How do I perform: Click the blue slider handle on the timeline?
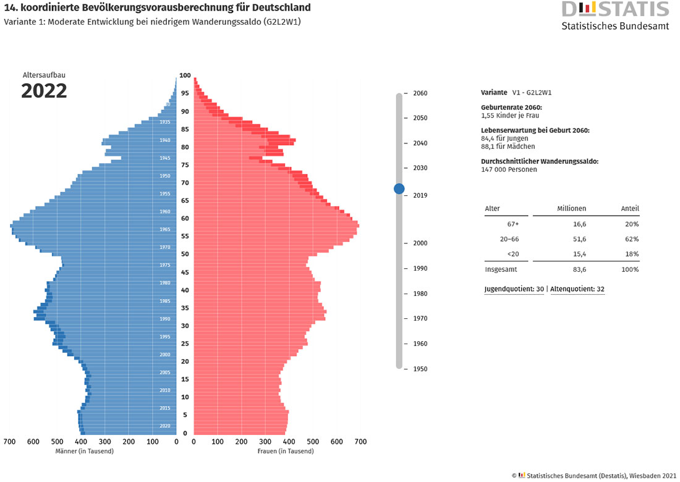coord(399,188)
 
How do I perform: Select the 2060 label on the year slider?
coord(421,93)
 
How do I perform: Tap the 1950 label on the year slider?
coord(421,369)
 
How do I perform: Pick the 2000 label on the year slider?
coord(421,243)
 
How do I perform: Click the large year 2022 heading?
coord(44,91)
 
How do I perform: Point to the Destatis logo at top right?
coord(614,15)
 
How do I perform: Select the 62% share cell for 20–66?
coord(632,239)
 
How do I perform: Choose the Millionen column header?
coord(571,209)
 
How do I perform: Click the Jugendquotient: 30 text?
coord(514,289)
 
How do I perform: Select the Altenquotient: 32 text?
coord(577,289)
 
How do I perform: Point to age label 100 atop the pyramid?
coord(185,75)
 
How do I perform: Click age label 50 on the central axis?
coord(185,254)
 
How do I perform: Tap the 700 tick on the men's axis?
coord(9,442)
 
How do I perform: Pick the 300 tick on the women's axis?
coord(265,442)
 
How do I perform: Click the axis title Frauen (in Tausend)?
coord(286,451)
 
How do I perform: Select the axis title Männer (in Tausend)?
coord(85,451)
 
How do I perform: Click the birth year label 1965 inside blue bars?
coord(165,229)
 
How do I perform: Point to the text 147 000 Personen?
coord(509,169)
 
